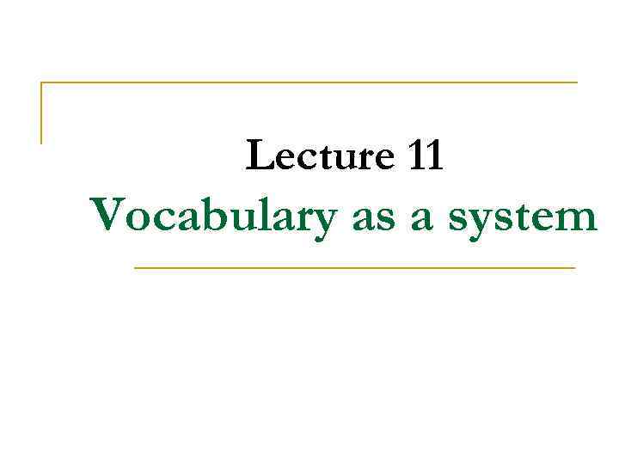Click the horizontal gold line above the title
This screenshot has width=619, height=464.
point(309,82)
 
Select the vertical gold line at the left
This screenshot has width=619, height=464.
point(41,113)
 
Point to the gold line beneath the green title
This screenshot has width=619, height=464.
point(354,268)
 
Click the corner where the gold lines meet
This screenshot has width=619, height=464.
point(41,82)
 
